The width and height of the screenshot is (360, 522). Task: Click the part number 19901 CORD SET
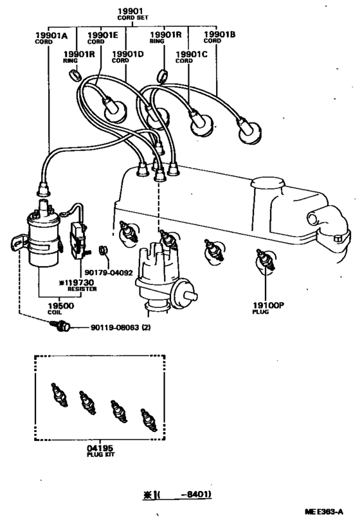click(x=130, y=14)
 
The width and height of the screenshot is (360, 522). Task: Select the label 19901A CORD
click(x=48, y=37)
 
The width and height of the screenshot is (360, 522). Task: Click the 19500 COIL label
click(x=63, y=310)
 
